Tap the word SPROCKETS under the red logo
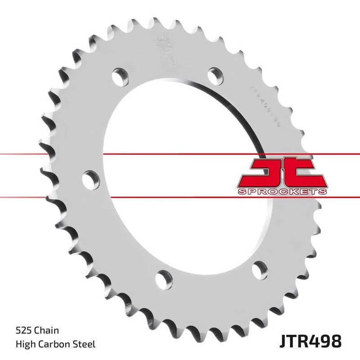click(x=282, y=192)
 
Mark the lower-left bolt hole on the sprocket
click(x=163, y=276)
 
